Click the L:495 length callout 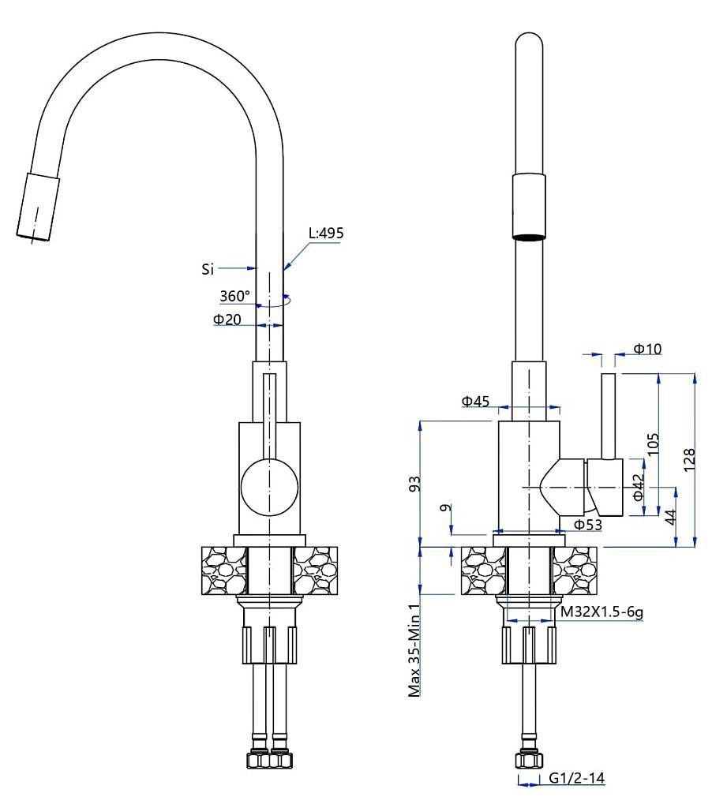326,233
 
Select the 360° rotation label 234,297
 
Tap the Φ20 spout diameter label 227,319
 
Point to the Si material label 208,269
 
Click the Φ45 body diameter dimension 476,402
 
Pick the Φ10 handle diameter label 647,349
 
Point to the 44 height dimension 669,517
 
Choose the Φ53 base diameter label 588,525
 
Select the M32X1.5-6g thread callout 600,611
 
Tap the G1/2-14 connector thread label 576,779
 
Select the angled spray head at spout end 37,207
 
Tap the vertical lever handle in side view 609,416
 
